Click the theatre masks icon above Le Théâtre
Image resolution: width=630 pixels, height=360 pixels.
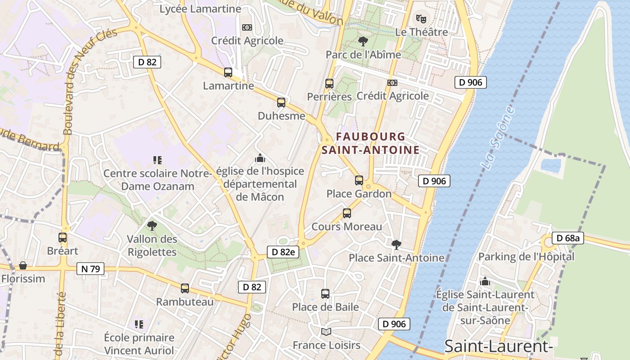(x=421, y=18)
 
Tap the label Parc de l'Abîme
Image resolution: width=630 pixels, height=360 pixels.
(x=363, y=55)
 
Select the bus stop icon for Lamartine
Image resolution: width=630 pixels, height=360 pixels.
(x=228, y=72)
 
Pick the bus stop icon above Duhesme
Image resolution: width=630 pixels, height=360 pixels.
(x=281, y=102)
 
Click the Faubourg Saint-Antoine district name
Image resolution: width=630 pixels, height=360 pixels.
(x=370, y=143)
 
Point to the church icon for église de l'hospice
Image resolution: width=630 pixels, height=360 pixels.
(x=260, y=158)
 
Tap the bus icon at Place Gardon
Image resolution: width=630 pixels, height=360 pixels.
(x=359, y=180)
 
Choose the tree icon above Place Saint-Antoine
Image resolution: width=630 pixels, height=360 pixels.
(x=396, y=244)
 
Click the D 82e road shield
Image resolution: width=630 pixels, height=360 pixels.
(x=283, y=252)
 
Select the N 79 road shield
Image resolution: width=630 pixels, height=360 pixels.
(x=90, y=269)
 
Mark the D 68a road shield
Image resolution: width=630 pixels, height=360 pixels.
(x=568, y=238)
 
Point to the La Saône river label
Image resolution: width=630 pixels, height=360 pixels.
(x=497, y=138)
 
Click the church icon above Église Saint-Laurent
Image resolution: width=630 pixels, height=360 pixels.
(x=485, y=282)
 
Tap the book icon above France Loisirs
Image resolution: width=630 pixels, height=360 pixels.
(x=326, y=332)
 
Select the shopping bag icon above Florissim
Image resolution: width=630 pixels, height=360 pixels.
(x=22, y=265)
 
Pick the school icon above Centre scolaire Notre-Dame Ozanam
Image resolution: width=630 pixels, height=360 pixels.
(x=157, y=160)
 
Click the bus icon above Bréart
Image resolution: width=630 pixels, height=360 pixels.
(x=63, y=238)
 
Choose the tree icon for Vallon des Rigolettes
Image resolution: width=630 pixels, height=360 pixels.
(x=152, y=225)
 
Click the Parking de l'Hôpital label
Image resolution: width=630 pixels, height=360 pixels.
(x=526, y=257)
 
